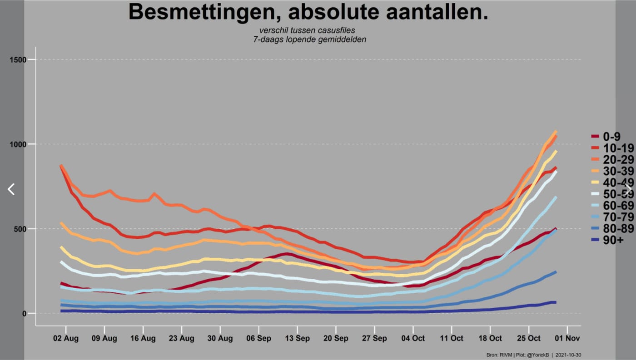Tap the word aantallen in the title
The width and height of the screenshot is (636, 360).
coord(434,12)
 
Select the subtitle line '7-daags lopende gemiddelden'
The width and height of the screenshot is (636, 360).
coord(309,39)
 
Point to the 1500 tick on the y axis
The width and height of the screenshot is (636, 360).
coord(18,59)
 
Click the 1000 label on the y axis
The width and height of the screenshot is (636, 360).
coord(18,144)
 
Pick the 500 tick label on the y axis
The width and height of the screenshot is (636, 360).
coord(20,229)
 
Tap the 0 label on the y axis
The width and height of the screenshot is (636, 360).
coord(24,314)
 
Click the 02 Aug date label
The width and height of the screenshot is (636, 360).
coord(65,338)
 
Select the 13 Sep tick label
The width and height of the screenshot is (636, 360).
coord(297,338)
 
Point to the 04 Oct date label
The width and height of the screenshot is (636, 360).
coord(413,338)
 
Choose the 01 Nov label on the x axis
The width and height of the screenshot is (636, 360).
coord(567,338)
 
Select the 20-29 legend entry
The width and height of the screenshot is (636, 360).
coord(612,159)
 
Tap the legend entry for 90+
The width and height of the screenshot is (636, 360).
coord(607,240)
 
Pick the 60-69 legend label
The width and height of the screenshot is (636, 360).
coord(612,205)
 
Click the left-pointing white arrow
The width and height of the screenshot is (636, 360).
coord(11,189)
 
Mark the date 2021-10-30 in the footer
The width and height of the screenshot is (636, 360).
coord(568,355)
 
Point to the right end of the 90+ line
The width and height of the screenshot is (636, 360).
coord(556,302)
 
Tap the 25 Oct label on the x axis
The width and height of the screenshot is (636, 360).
coord(529,338)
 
